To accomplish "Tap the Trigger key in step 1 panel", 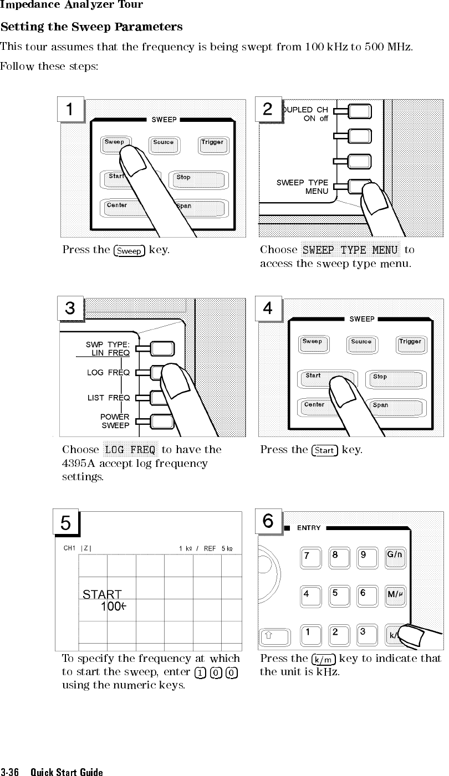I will (x=212, y=145).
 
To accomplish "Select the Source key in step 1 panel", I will (x=164, y=145).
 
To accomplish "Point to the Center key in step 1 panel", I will (x=118, y=207).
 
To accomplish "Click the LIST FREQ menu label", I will (x=109, y=398).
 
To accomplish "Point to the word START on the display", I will (x=102, y=595).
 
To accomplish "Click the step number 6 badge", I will (x=268, y=521).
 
